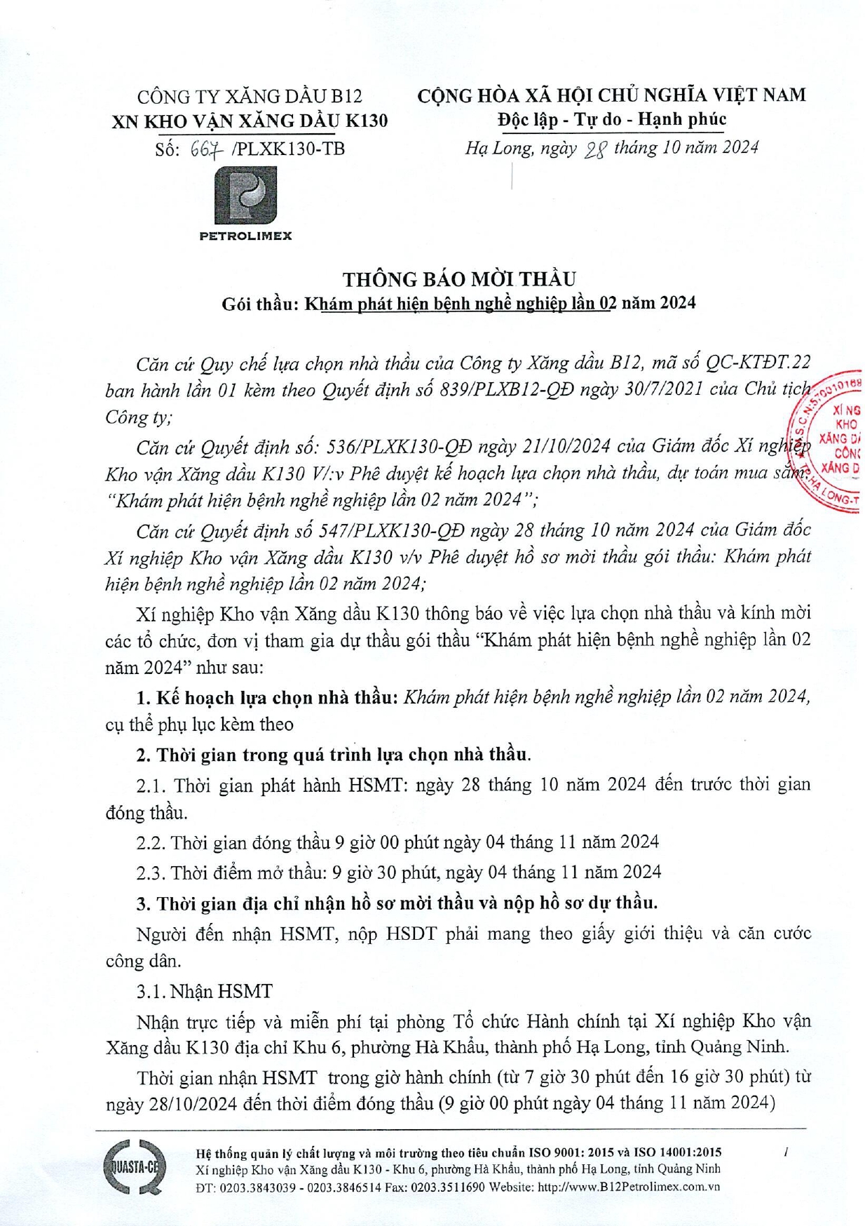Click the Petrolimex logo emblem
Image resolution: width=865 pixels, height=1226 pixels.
(245, 196)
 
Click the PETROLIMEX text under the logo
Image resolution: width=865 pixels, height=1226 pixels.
(245, 236)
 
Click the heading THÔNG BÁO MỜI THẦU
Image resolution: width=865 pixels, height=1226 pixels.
(459, 279)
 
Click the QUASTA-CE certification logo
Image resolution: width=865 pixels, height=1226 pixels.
(135, 1167)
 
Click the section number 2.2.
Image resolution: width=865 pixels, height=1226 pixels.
(150, 842)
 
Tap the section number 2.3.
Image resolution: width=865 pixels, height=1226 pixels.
(150, 873)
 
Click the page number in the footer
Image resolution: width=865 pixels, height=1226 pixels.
(786, 1152)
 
